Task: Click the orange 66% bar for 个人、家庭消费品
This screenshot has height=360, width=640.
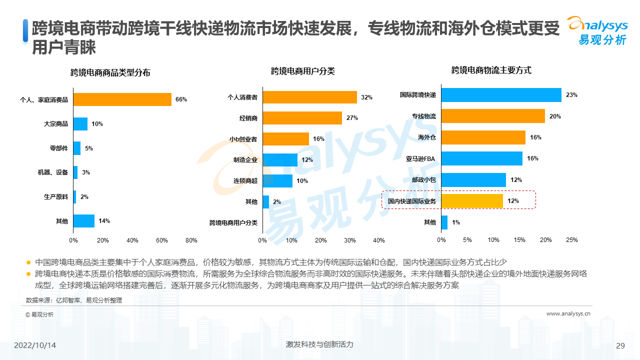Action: (122, 99)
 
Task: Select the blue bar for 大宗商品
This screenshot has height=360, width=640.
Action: (80, 124)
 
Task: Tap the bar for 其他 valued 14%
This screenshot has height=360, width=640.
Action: (84, 221)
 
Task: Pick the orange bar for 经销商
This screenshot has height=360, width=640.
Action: (302, 118)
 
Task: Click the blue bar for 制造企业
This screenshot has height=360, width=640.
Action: (280, 160)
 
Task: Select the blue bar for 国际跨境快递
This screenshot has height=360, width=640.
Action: (501, 95)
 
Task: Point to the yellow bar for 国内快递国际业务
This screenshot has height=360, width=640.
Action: (472, 201)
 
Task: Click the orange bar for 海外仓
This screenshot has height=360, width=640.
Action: (483, 137)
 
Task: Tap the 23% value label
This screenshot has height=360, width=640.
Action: (571, 95)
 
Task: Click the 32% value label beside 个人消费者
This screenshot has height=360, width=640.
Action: (366, 97)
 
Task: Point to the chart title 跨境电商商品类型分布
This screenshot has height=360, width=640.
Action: (110, 73)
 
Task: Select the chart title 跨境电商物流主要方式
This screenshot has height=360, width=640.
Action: (491, 70)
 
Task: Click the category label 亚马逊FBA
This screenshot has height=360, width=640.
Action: (420, 159)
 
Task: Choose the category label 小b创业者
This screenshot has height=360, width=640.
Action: (243, 139)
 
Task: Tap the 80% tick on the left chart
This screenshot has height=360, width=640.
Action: (191, 240)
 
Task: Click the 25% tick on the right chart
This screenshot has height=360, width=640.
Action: (571, 240)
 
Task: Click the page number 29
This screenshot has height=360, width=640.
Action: (620, 346)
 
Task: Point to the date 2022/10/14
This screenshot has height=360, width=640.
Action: (35, 345)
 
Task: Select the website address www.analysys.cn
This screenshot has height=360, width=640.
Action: (568, 314)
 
